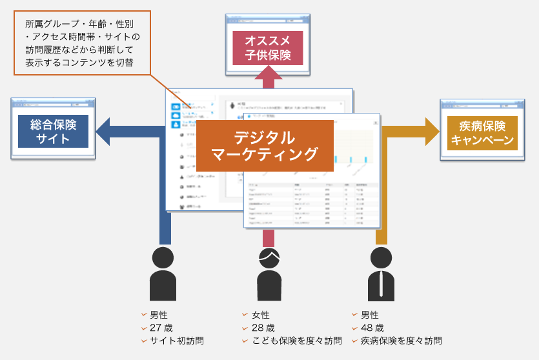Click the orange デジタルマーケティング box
tap(265, 145)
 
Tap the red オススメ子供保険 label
tap(268, 48)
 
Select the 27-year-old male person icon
tap(162, 274)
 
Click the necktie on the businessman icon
tap(381, 283)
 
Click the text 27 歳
tap(161, 328)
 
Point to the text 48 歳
tap(372, 328)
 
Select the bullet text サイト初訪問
tap(176, 341)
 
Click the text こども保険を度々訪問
tap(296, 341)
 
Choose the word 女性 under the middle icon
tap(261, 315)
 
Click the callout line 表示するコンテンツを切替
tap(79, 63)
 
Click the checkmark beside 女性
tap(245, 315)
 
